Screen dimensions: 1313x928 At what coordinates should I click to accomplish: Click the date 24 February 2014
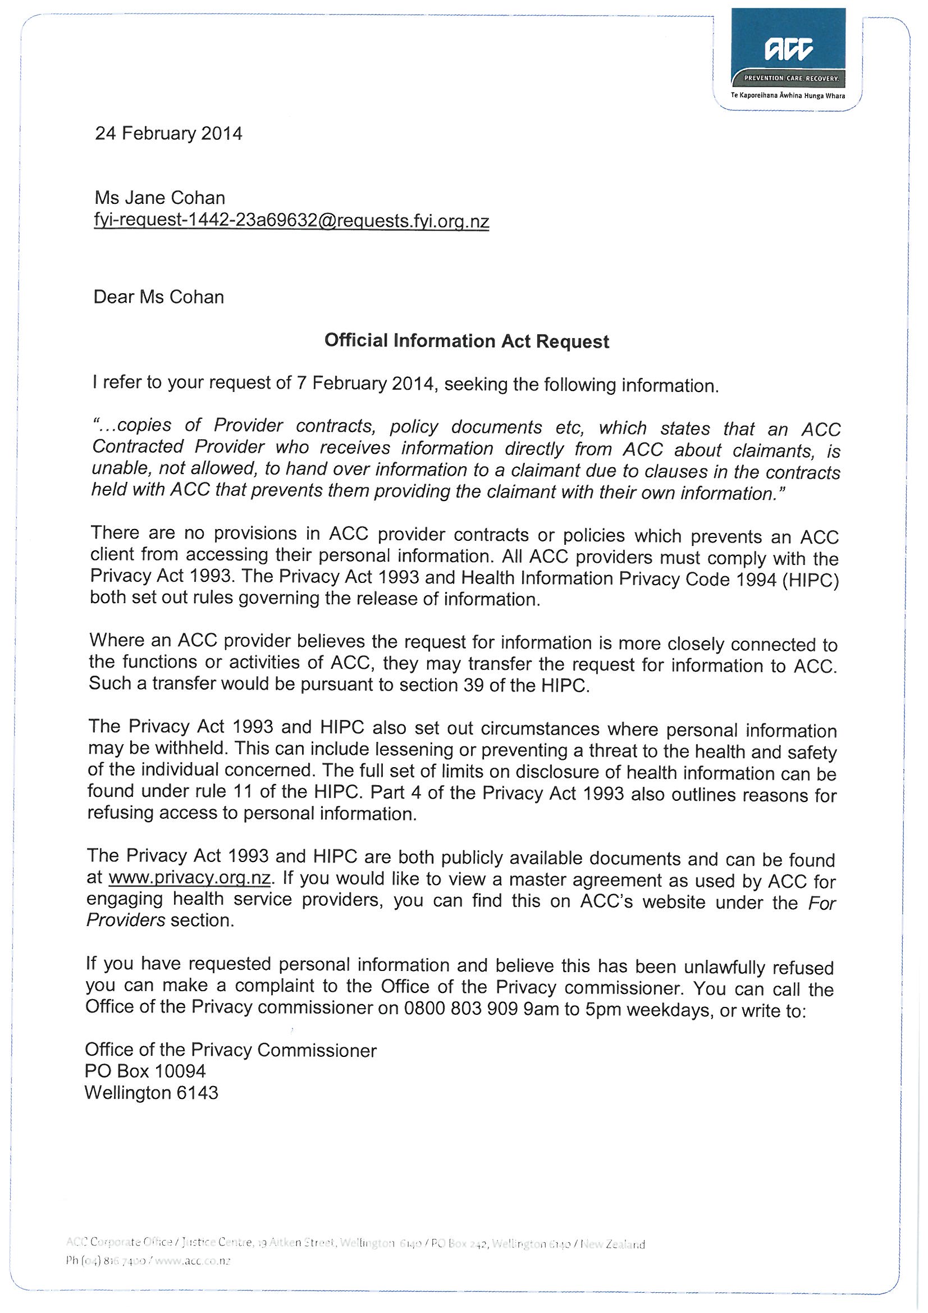[x=168, y=134]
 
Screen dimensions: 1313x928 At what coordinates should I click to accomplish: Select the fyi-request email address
[x=291, y=221]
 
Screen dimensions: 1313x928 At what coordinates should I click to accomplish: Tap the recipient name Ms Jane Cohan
[x=159, y=198]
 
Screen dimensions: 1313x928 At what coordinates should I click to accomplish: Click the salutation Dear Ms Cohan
[x=158, y=298]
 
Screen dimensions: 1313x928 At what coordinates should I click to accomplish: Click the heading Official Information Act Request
[x=467, y=341]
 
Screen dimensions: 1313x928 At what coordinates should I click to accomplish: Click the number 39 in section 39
[x=474, y=685]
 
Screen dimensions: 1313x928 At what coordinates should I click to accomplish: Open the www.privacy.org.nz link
[x=189, y=877]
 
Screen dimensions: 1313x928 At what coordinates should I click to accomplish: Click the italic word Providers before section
[x=126, y=919]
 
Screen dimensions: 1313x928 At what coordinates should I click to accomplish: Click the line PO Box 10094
[x=145, y=1071]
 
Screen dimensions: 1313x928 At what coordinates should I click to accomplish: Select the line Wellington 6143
[x=152, y=1093]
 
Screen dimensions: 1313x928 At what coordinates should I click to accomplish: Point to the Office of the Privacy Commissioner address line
[x=230, y=1050]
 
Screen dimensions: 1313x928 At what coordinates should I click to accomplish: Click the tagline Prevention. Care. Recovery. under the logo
[x=790, y=77]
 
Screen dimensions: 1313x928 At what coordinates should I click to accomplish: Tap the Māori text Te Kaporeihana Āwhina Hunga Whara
[x=787, y=95]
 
